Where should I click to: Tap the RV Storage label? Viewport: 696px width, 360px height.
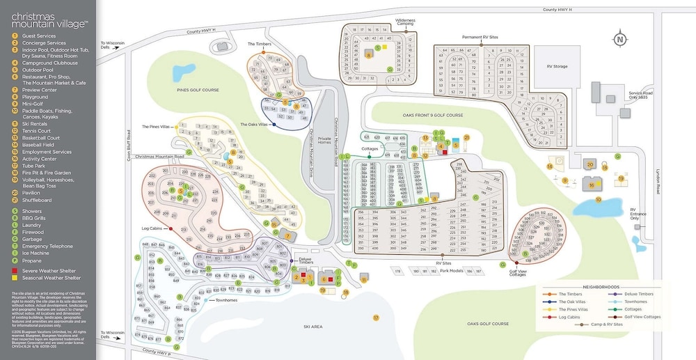[x=549, y=66]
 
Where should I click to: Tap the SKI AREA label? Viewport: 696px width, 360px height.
[x=312, y=325]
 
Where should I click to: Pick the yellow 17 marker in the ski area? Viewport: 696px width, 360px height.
[x=375, y=318]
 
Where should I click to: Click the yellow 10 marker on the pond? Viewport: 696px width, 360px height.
[x=598, y=200]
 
